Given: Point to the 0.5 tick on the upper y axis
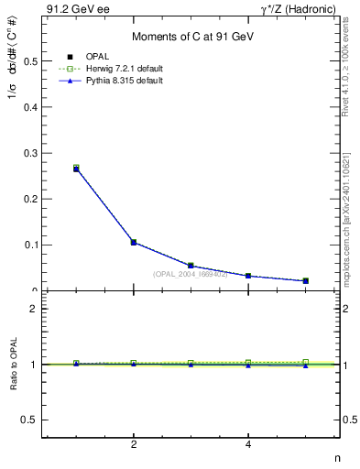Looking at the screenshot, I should (x=30, y=61).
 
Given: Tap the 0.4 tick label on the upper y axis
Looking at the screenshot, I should (x=30, y=107).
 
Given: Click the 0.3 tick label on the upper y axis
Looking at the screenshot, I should (x=30, y=153).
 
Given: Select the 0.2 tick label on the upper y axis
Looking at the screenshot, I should (x=30, y=199).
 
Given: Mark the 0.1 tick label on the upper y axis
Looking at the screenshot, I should (x=30, y=245).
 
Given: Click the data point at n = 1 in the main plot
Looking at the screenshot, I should (x=76, y=169).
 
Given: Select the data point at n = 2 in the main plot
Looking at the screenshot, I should (x=134, y=243).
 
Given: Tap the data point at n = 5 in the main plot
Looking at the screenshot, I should (x=305, y=280).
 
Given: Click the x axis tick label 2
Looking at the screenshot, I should (x=134, y=445).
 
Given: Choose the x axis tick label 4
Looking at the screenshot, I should (x=248, y=445).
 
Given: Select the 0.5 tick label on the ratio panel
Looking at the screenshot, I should (x=30, y=420).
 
